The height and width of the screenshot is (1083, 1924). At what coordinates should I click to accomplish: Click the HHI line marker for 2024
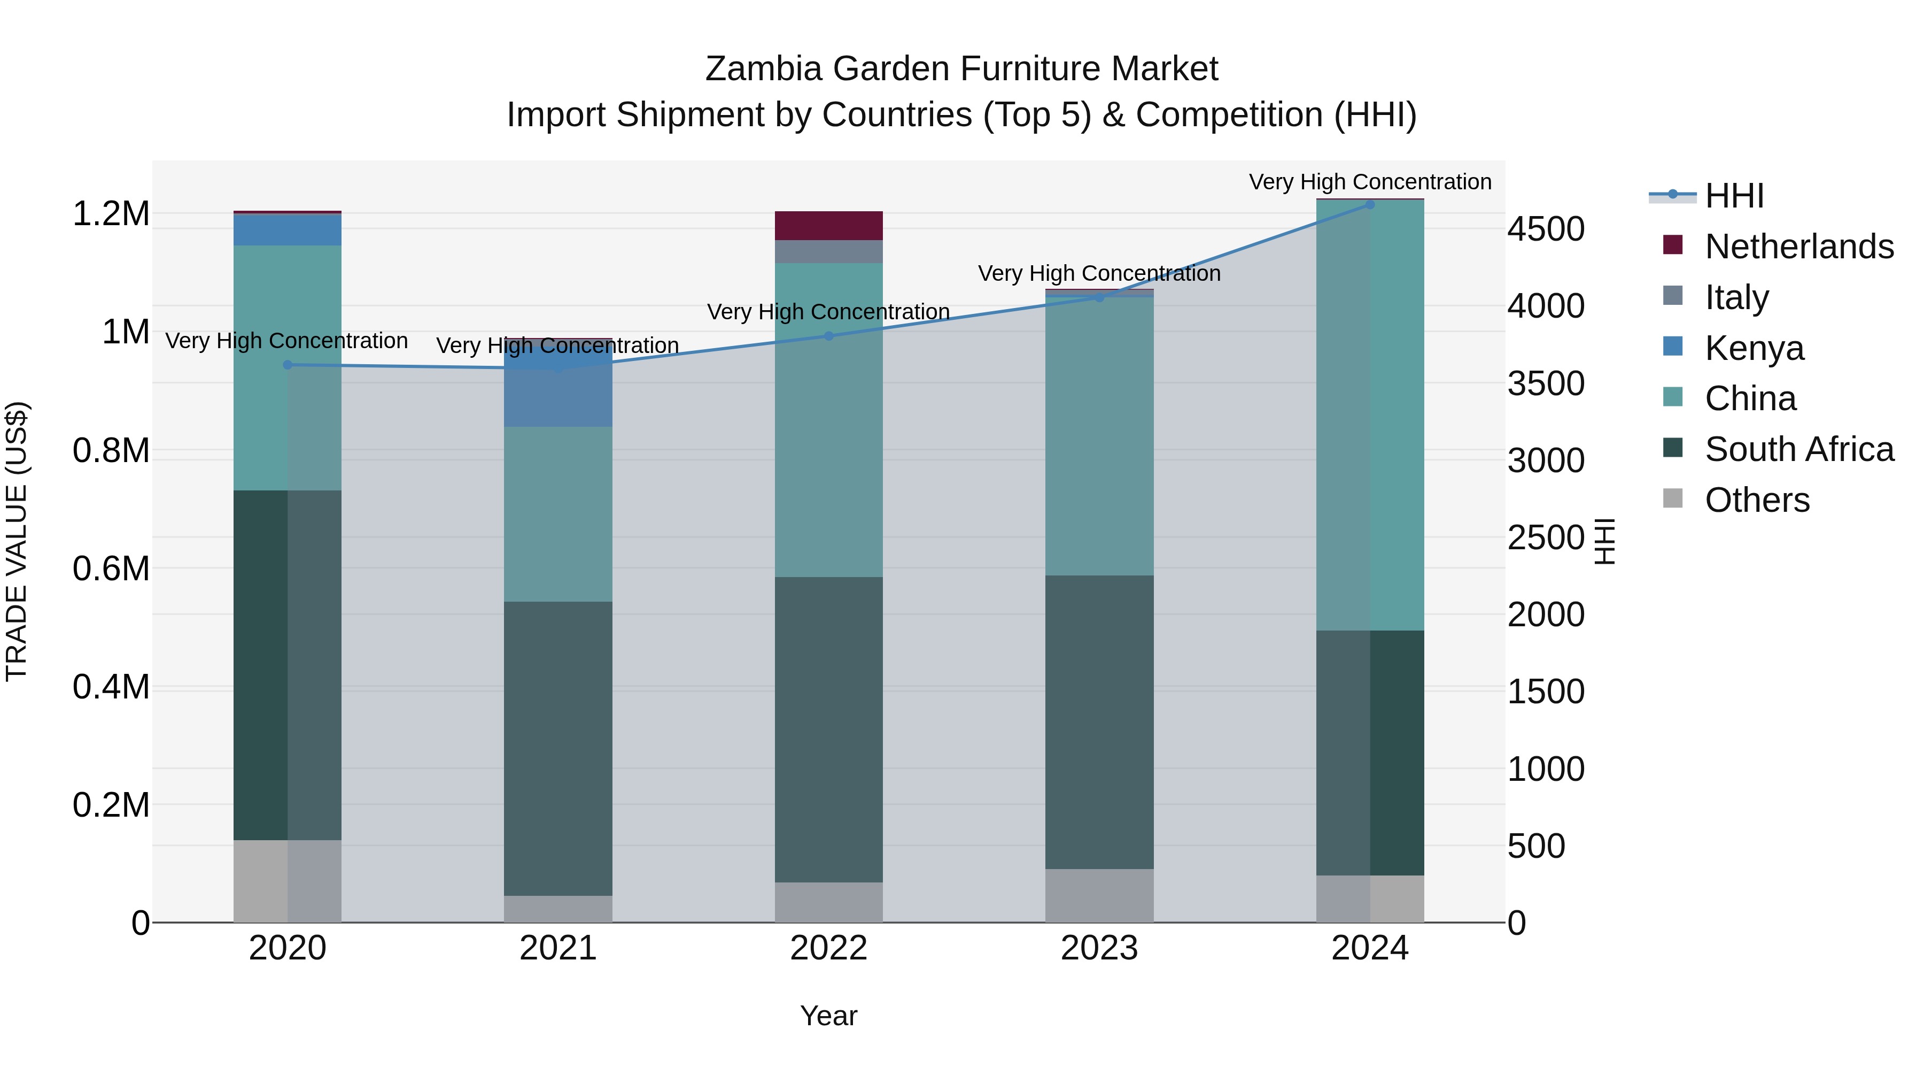(x=1370, y=204)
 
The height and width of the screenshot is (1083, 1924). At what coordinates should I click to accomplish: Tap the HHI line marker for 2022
(x=828, y=336)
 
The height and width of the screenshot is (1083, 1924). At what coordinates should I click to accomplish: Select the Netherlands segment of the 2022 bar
(x=828, y=226)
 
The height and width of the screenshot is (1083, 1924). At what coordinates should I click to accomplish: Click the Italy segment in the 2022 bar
(x=828, y=251)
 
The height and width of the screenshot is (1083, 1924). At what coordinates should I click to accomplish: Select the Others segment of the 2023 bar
(x=1099, y=895)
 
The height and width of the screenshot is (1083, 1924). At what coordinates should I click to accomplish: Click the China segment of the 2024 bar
(x=1370, y=415)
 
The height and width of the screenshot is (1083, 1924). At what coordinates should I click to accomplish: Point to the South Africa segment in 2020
(x=288, y=665)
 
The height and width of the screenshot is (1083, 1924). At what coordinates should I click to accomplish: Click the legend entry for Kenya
(x=1754, y=348)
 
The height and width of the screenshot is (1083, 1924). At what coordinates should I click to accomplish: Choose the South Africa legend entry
(x=1798, y=450)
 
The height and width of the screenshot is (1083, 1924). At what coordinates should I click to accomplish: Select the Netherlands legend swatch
(x=1673, y=245)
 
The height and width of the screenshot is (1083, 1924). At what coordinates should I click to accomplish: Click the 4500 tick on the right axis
(x=1545, y=229)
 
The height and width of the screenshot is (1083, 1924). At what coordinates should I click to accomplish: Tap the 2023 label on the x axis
(x=1099, y=948)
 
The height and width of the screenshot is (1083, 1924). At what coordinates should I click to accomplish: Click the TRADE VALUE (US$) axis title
(x=17, y=541)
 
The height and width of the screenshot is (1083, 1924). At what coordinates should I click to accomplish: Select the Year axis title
(x=828, y=1016)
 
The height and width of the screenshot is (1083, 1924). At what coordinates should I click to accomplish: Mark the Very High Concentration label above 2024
(x=1370, y=182)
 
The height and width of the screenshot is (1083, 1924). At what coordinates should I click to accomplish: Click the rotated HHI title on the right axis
(x=1603, y=541)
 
